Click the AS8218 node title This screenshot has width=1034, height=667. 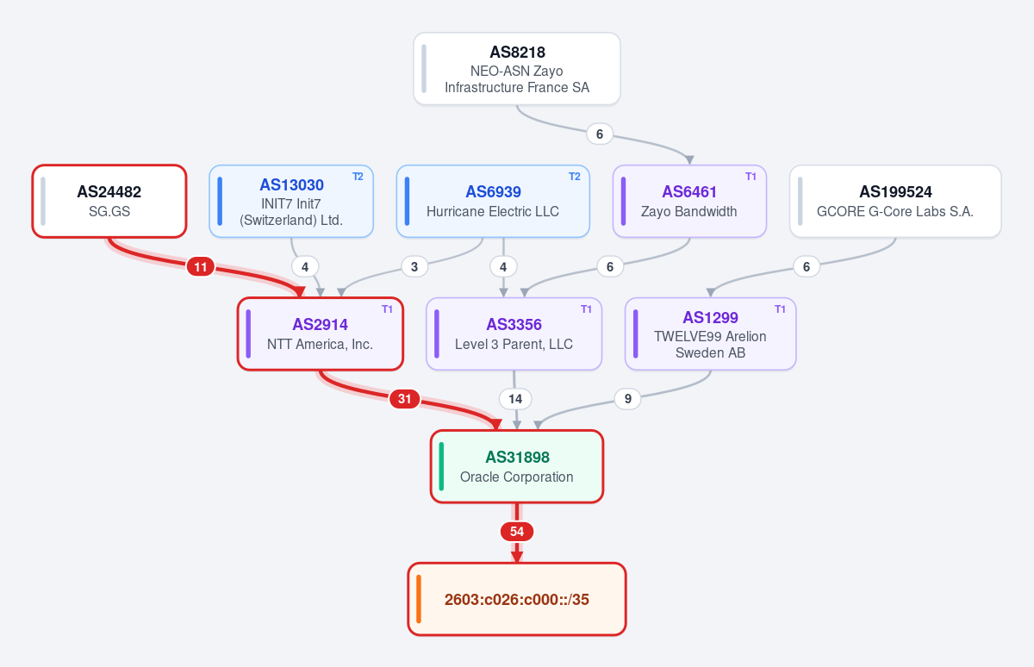[517, 53]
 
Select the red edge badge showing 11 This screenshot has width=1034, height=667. [200, 267]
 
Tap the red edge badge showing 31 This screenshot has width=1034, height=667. [404, 399]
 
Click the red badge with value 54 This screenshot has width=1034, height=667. [516, 532]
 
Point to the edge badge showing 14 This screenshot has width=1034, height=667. [515, 399]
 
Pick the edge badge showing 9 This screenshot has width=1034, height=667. [628, 398]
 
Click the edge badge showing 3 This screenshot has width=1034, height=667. [414, 267]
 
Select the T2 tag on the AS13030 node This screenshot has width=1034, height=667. [358, 177]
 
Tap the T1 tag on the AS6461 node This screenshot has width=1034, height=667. [751, 177]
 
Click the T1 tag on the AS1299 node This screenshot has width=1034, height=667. [780, 309]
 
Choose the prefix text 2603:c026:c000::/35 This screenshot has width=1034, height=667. [516, 599]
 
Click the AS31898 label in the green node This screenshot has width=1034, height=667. [517, 457]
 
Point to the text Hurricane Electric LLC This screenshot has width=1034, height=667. [493, 211]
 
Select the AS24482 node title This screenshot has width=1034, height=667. [109, 191]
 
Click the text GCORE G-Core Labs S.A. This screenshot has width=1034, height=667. [895, 211]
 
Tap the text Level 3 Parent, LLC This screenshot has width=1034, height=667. [514, 344]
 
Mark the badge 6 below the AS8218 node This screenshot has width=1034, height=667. [599, 134]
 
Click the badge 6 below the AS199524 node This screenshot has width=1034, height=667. [806, 266]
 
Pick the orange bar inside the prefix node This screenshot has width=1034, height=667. [419, 599]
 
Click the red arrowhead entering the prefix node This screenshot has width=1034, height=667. [516, 557]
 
